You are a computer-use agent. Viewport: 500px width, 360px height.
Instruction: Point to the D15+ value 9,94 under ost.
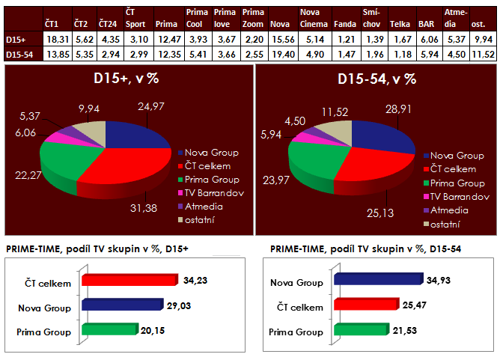[484, 40]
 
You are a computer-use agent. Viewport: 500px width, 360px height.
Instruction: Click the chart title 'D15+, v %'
[126, 79]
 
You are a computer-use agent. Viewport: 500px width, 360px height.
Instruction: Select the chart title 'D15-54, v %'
[376, 79]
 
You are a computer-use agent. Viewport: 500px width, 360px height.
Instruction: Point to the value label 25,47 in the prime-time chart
[405, 306]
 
